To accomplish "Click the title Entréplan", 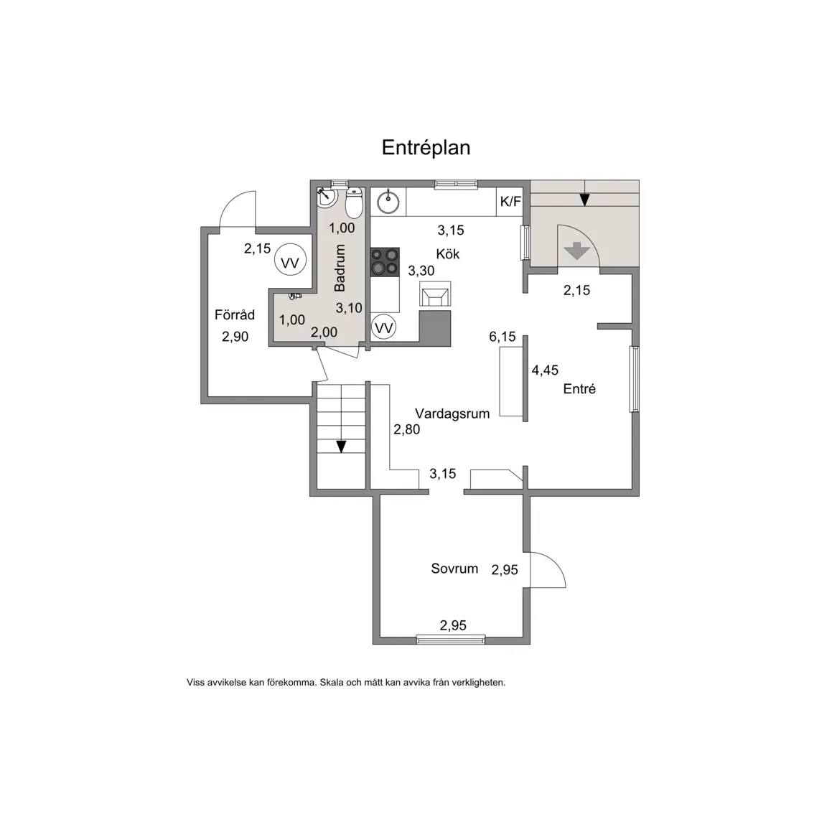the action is [x=426, y=148].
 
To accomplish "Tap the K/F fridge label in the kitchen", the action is [x=510, y=202].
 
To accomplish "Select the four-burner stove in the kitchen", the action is [x=385, y=261].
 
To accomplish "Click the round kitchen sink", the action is [x=388, y=202].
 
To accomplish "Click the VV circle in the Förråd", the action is [x=290, y=262].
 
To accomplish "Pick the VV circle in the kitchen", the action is [x=383, y=328].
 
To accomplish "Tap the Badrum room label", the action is [x=340, y=267].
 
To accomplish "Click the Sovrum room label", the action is [x=454, y=569].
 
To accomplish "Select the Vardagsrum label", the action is [x=452, y=413].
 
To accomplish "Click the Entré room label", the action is [x=579, y=388].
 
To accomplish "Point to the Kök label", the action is [x=448, y=253].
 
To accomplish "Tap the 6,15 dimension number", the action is [x=502, y=337].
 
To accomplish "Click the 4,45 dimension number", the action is [x=545, y=370].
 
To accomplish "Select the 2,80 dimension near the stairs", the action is [x=406, y=429].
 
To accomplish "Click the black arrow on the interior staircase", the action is [x=341, y=447].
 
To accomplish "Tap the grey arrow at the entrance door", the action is [x=577, y=251].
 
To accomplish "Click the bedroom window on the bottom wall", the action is [x=450, y=640].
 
